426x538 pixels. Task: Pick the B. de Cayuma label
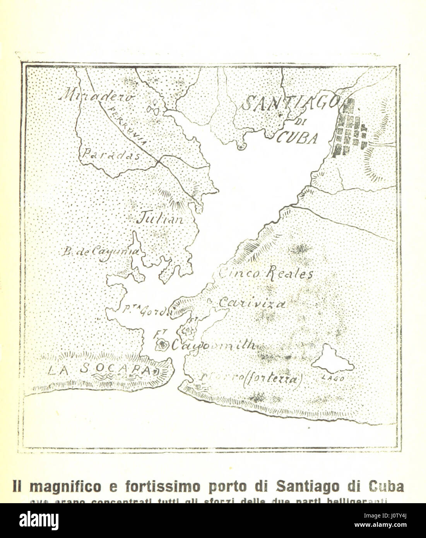pyautogui.click(x=100, y=253)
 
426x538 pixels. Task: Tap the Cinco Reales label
pyautogui.click(x=267, y=274)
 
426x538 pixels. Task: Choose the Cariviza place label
pyautogui.click(x=252, y=303)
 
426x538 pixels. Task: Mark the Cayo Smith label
pyautogui.click(x=213, y=344)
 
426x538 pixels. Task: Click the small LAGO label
pyautogui.click(x=333, y=379)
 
